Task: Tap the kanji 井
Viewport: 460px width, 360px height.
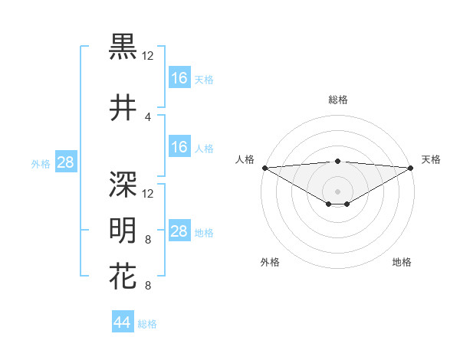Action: coord(123,108)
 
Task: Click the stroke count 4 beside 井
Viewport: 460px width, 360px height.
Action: coord(147,117)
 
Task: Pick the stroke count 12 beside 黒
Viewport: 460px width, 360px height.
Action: coord(148,55)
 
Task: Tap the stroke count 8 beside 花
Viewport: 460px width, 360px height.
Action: coord(147,286)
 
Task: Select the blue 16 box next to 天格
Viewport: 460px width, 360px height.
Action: coord(179,78)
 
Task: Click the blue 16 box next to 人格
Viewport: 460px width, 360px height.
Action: coord(179,148)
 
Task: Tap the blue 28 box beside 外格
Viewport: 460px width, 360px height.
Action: coord(66,162)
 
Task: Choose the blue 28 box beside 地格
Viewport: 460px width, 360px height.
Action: coord(179,231)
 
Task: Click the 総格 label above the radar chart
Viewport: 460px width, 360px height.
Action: coord(337,100)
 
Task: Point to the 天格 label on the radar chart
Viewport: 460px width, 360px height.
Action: coord(431,159)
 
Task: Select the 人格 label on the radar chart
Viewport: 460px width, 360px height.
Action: coord(245,159)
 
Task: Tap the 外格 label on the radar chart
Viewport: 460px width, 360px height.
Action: coord(270,263)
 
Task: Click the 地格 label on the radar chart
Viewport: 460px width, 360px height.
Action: coord(402,263)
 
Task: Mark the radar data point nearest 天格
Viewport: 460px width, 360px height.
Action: coord(410,167)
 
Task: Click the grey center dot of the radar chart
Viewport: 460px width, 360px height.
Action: coord(337,191)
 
